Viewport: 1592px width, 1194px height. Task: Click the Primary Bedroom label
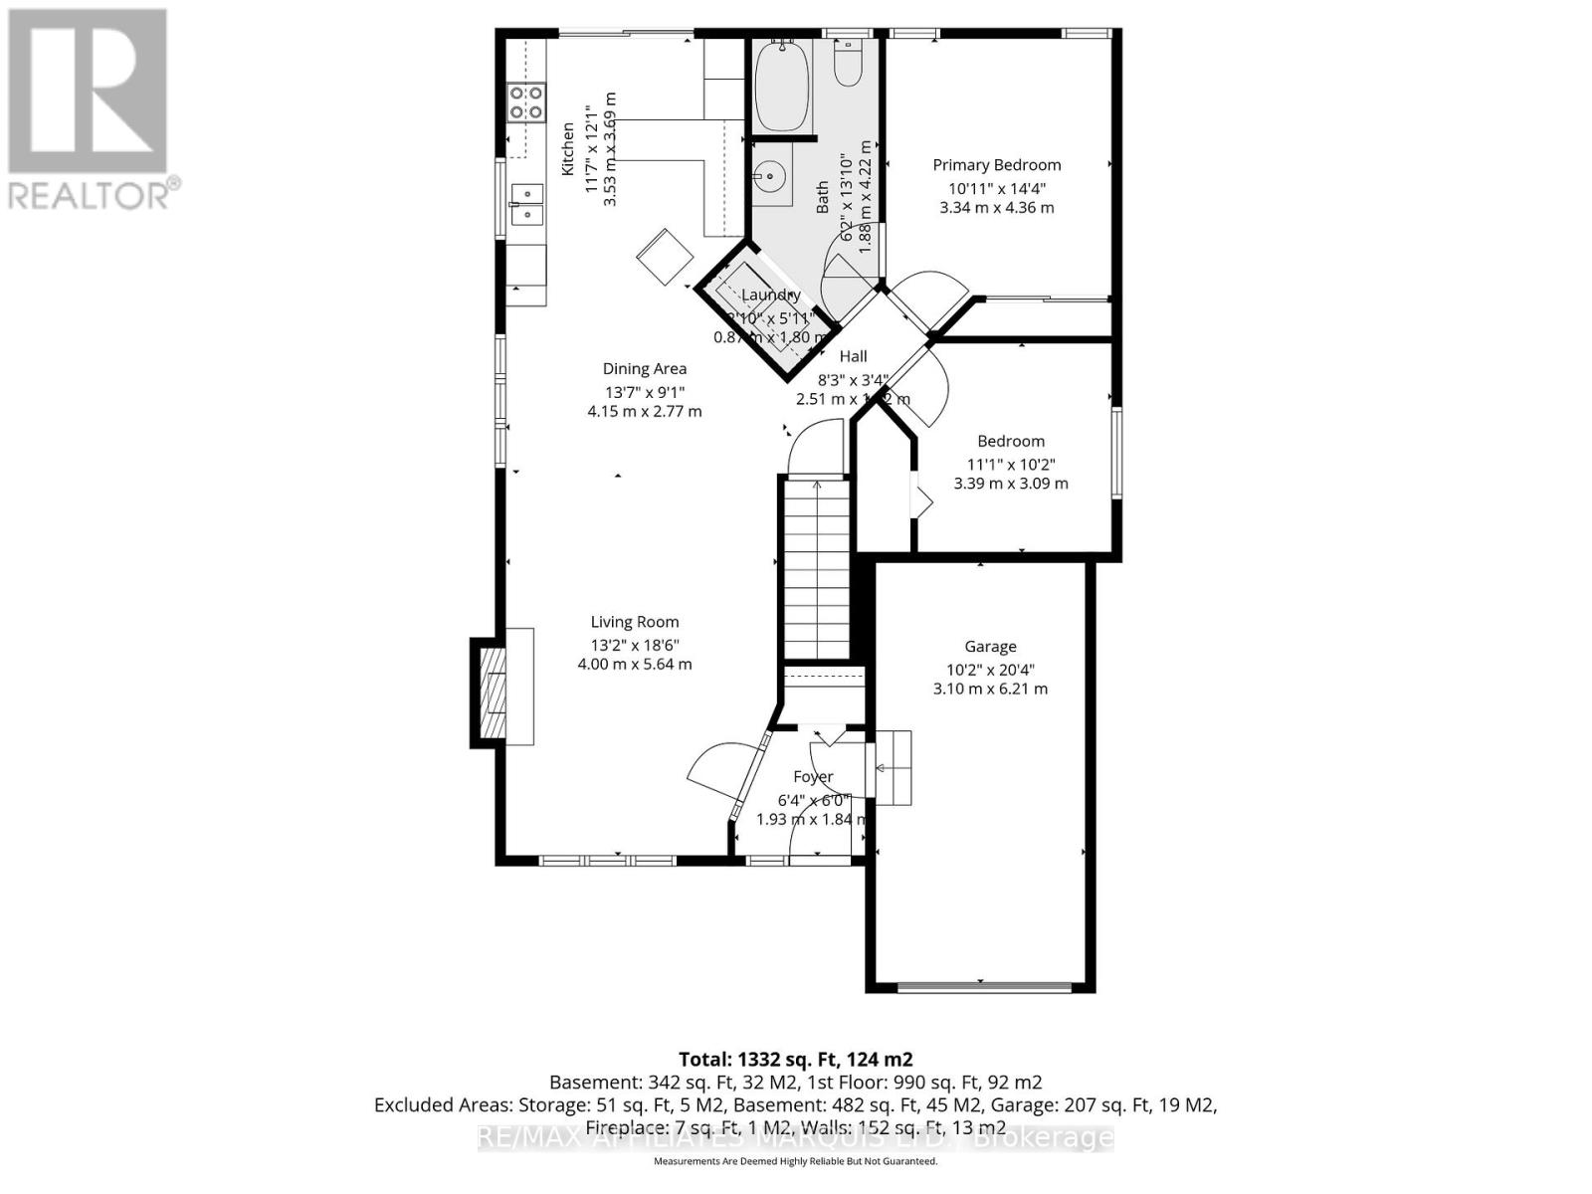point(996,165)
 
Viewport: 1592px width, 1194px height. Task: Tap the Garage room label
point(990,647)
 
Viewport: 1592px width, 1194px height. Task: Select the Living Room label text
point(635,623)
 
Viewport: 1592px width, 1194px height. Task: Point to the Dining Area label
point(645,369)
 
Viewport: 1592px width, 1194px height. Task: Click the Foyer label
point(813,777)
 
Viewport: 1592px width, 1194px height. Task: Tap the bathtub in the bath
point(781,87)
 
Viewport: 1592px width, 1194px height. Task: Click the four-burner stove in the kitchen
point(526,102)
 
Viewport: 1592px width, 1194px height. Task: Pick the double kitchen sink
point(526,204)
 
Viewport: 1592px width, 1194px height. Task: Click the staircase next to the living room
point(816,567)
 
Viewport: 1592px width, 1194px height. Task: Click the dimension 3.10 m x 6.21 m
point(990,689)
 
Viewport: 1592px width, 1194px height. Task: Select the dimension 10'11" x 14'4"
point(996,187)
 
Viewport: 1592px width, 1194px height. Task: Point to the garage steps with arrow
point(893,767)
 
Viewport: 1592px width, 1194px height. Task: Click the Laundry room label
point(770,296)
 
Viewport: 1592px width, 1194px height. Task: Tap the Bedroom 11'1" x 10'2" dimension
point(1010,464)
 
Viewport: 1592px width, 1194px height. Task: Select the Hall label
point(853,356)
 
